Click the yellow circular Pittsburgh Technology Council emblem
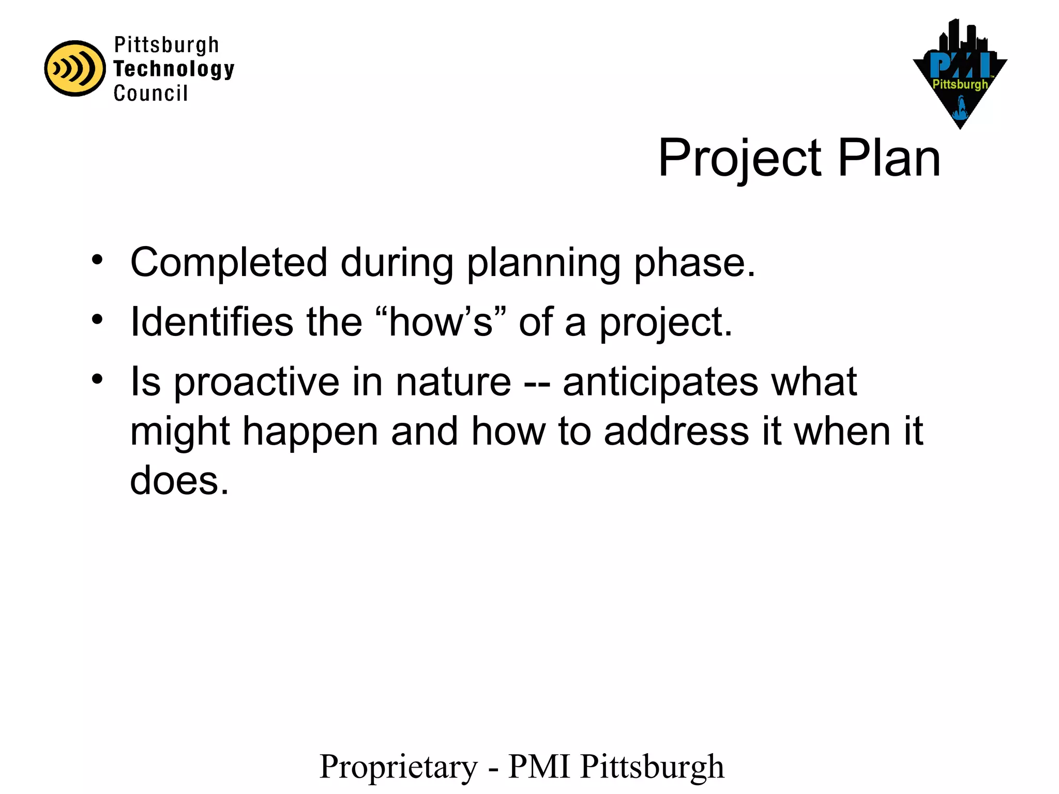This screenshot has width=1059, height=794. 74,68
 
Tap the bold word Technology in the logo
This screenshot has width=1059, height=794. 174,69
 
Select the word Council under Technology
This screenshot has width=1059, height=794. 150,94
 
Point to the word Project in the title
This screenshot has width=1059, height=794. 739,159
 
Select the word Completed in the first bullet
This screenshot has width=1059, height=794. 229,262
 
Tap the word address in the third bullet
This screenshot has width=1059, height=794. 676,431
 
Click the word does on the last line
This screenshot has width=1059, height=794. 179,480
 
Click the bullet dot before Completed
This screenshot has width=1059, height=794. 97,260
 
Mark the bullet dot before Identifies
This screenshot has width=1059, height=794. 97,319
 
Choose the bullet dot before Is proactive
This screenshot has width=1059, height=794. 97,379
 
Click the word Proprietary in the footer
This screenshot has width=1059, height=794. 399,767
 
